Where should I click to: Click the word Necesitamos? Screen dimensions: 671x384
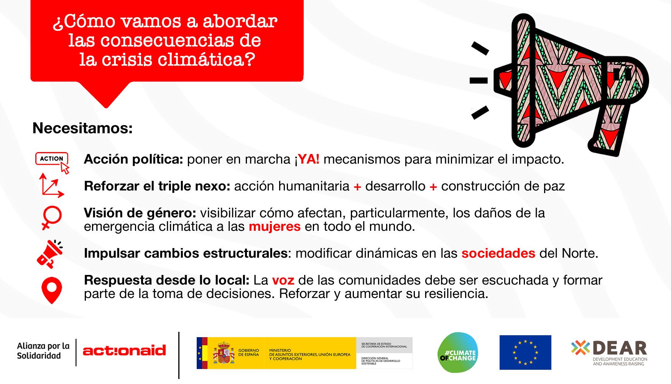82,128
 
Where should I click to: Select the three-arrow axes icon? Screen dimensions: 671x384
51,186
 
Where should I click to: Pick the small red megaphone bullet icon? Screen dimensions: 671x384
50,254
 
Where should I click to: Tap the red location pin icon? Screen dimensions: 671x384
51,290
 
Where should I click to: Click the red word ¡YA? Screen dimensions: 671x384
307,159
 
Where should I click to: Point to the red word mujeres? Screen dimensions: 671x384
275,227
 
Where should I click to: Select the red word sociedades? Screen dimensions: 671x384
498,253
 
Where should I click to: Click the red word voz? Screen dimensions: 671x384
283,280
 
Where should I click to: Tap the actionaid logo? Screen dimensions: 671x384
124,350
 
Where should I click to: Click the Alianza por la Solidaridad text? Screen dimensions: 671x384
43,351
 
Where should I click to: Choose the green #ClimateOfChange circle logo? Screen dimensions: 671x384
458,353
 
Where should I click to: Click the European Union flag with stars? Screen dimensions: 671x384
525,353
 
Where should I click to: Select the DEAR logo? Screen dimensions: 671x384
609,353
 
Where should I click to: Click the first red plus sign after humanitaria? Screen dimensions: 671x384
357,187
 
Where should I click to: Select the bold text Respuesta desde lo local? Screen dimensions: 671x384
167,281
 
